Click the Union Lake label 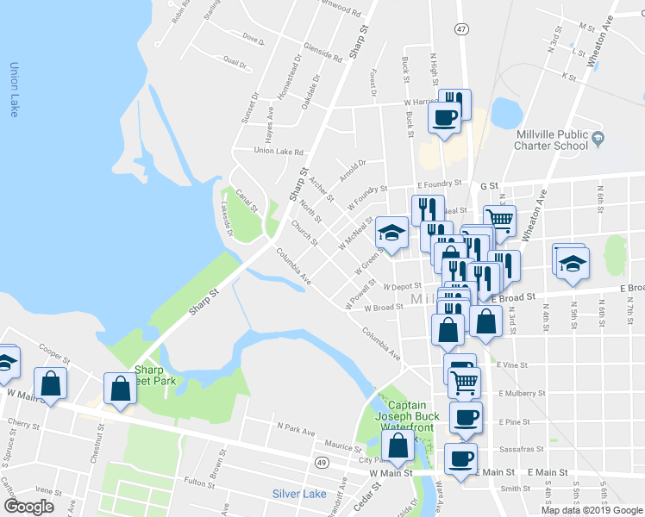tap(13, 90)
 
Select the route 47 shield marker tap(461, 28)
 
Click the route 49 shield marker tap(321, 463)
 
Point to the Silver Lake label tap(299, 494)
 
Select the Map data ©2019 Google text tap(591, 510)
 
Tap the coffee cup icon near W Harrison tap(444, 118)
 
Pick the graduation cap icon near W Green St tap(391, 233)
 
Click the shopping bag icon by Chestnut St tap(120, 388)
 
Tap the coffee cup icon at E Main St tap(460, 458)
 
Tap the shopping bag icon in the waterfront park tap(398, 446)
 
